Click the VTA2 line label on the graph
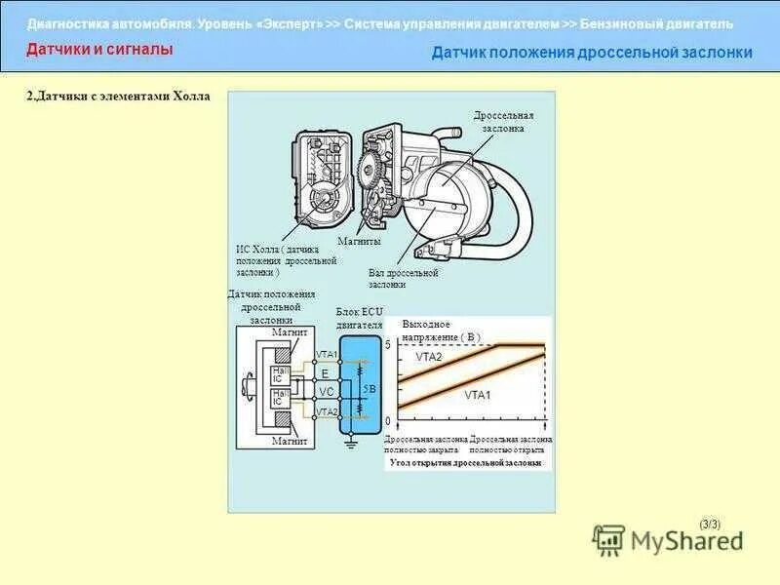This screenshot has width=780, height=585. (429, 357)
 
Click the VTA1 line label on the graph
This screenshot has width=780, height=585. (478, 395)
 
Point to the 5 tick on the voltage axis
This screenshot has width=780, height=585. (387, 346)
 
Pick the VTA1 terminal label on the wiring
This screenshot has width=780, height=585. (326, 354)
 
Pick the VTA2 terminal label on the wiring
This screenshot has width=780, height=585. (326, 412)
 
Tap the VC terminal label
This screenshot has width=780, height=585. (326, 390)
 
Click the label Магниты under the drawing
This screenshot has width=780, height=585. (359, 241)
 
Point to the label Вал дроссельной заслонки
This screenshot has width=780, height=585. (403, 279)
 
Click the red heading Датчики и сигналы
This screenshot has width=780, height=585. (99, 48)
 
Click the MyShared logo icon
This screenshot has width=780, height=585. (609, 539)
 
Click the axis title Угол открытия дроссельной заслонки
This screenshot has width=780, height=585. (465, 463)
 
